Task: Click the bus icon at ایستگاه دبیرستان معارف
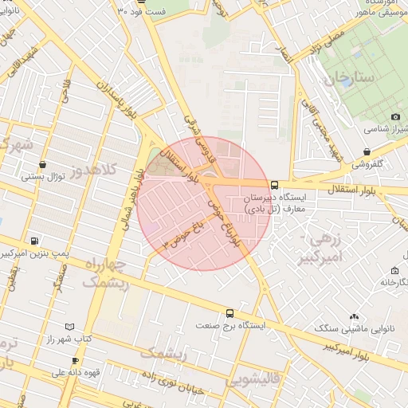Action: (x=275, y=185)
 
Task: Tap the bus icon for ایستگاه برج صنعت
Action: (x=230, y=313)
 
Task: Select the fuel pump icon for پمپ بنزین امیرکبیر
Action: (x=33, y=241)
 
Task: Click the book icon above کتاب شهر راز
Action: (x=69, y=327)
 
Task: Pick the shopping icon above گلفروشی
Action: (x=367, y=151)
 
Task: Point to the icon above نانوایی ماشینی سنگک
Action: (x=354, y=316)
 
